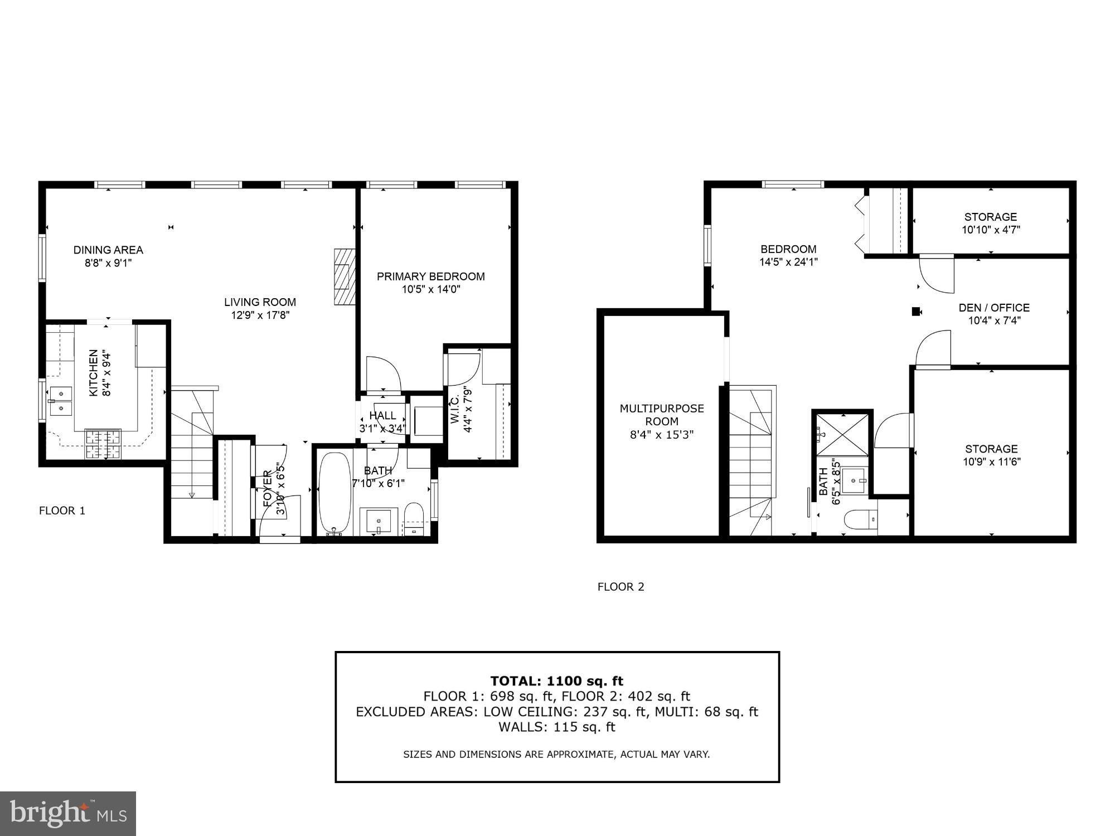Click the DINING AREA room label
(108, 250)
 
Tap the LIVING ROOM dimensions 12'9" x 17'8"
(260, 315)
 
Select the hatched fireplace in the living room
(344, 276)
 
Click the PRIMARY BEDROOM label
(430, 276)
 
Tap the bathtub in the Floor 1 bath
(334, 494)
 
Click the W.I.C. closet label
(455, 410)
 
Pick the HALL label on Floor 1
(382, 416)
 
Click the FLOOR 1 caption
(62, 511)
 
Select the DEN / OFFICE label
(993, 308)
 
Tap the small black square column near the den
(915, 312)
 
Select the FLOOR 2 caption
(620, 587)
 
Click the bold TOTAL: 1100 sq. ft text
(556, 681)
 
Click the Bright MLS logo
(67, 813)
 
